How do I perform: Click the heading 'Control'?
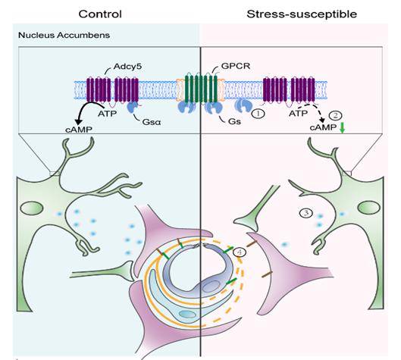[x=100, y=14]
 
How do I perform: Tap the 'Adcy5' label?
[x=112, y=66]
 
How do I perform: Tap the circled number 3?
[x=304, y=214]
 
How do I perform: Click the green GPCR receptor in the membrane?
[x=199, y=92]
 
